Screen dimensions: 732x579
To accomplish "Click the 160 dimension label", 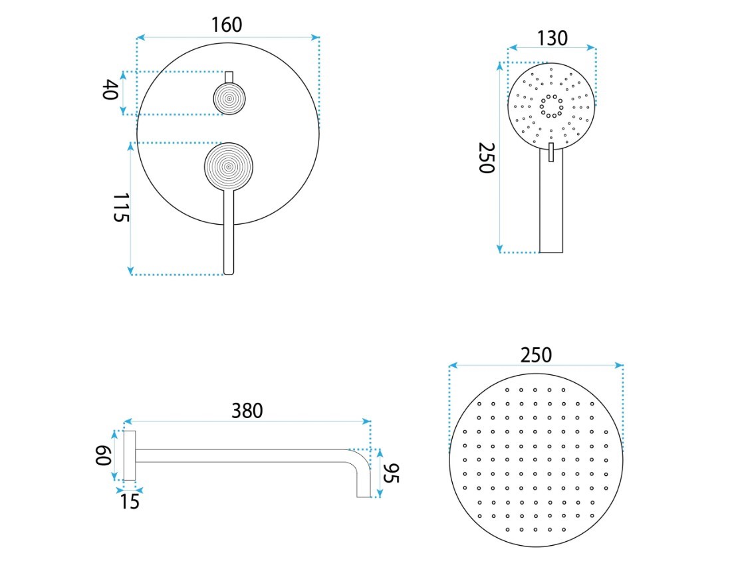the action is tap(227, 25).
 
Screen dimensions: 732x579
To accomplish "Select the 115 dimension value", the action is tap(120, 207).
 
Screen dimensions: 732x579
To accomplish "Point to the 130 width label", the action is tap(552, 39).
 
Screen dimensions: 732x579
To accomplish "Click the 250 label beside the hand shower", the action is tap(487, 158).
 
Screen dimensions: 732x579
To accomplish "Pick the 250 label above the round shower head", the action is tap(536, 356).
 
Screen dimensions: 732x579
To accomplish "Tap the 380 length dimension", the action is tap(247, 411).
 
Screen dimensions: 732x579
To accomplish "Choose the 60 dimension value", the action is tap(103, 455).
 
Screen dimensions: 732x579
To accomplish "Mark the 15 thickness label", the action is tap(130, 501).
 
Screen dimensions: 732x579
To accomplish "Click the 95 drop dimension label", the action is tap(391, 473).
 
